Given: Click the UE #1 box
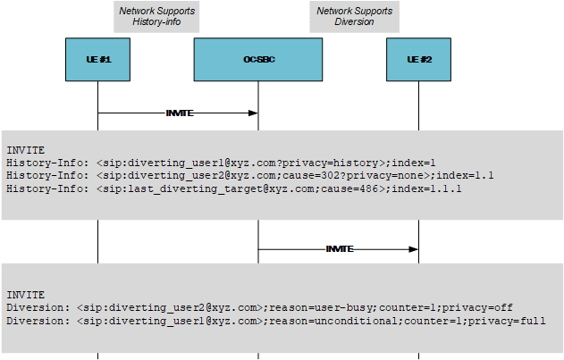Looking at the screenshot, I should (97, 59).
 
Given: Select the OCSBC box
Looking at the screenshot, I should (257, 59).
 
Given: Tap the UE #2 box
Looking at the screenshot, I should (418, 59).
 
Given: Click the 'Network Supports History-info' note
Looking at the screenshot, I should (157, 16).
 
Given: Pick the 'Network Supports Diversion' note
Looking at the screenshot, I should (354, 16).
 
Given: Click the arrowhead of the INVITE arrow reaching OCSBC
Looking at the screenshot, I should (254, 113).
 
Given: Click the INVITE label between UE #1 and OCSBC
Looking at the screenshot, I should (180, 113).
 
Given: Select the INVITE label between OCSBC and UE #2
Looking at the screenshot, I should (340, 248).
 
